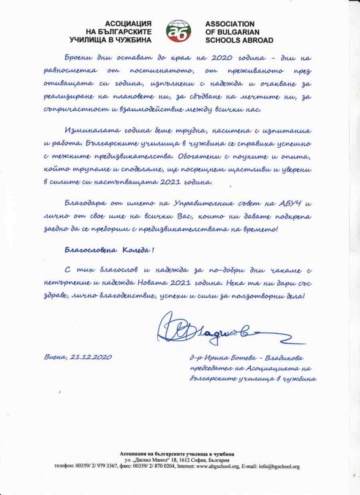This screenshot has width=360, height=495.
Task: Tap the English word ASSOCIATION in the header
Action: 230,23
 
